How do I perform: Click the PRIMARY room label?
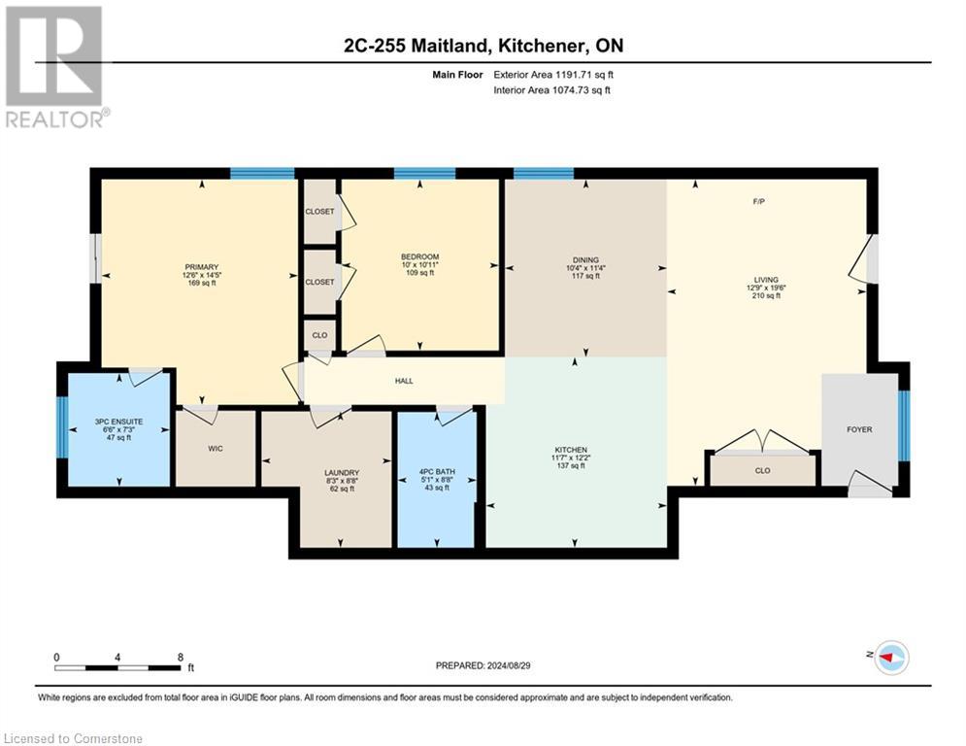202,267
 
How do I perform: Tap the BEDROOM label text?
420,256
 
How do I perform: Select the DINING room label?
585,259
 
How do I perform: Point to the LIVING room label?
765,280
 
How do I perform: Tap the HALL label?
404,381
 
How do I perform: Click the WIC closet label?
216,450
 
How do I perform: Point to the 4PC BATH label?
436,472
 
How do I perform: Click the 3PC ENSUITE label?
113,422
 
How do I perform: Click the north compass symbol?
890,658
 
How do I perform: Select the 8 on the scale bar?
181,657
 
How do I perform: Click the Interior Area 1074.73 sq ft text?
551,89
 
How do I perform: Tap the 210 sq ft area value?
765,295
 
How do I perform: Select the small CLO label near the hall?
318,334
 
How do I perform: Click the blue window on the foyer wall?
904,424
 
